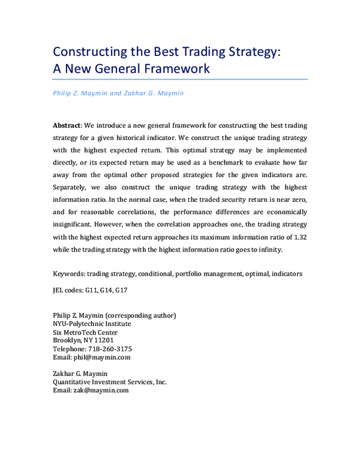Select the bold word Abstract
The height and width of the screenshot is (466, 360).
click(x=67, y=126)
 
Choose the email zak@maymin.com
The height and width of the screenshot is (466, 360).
click(x=101, y=390)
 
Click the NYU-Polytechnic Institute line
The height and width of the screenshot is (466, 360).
click(x=92, y=324)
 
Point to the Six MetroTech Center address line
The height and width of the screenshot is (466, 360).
click(x=85, y=332)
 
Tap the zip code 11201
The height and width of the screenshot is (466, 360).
click(x=112, y=340)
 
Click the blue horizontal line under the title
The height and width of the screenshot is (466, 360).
click(x=180, y=79)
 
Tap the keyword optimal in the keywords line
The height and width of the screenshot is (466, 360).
click(x=253, y=274)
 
